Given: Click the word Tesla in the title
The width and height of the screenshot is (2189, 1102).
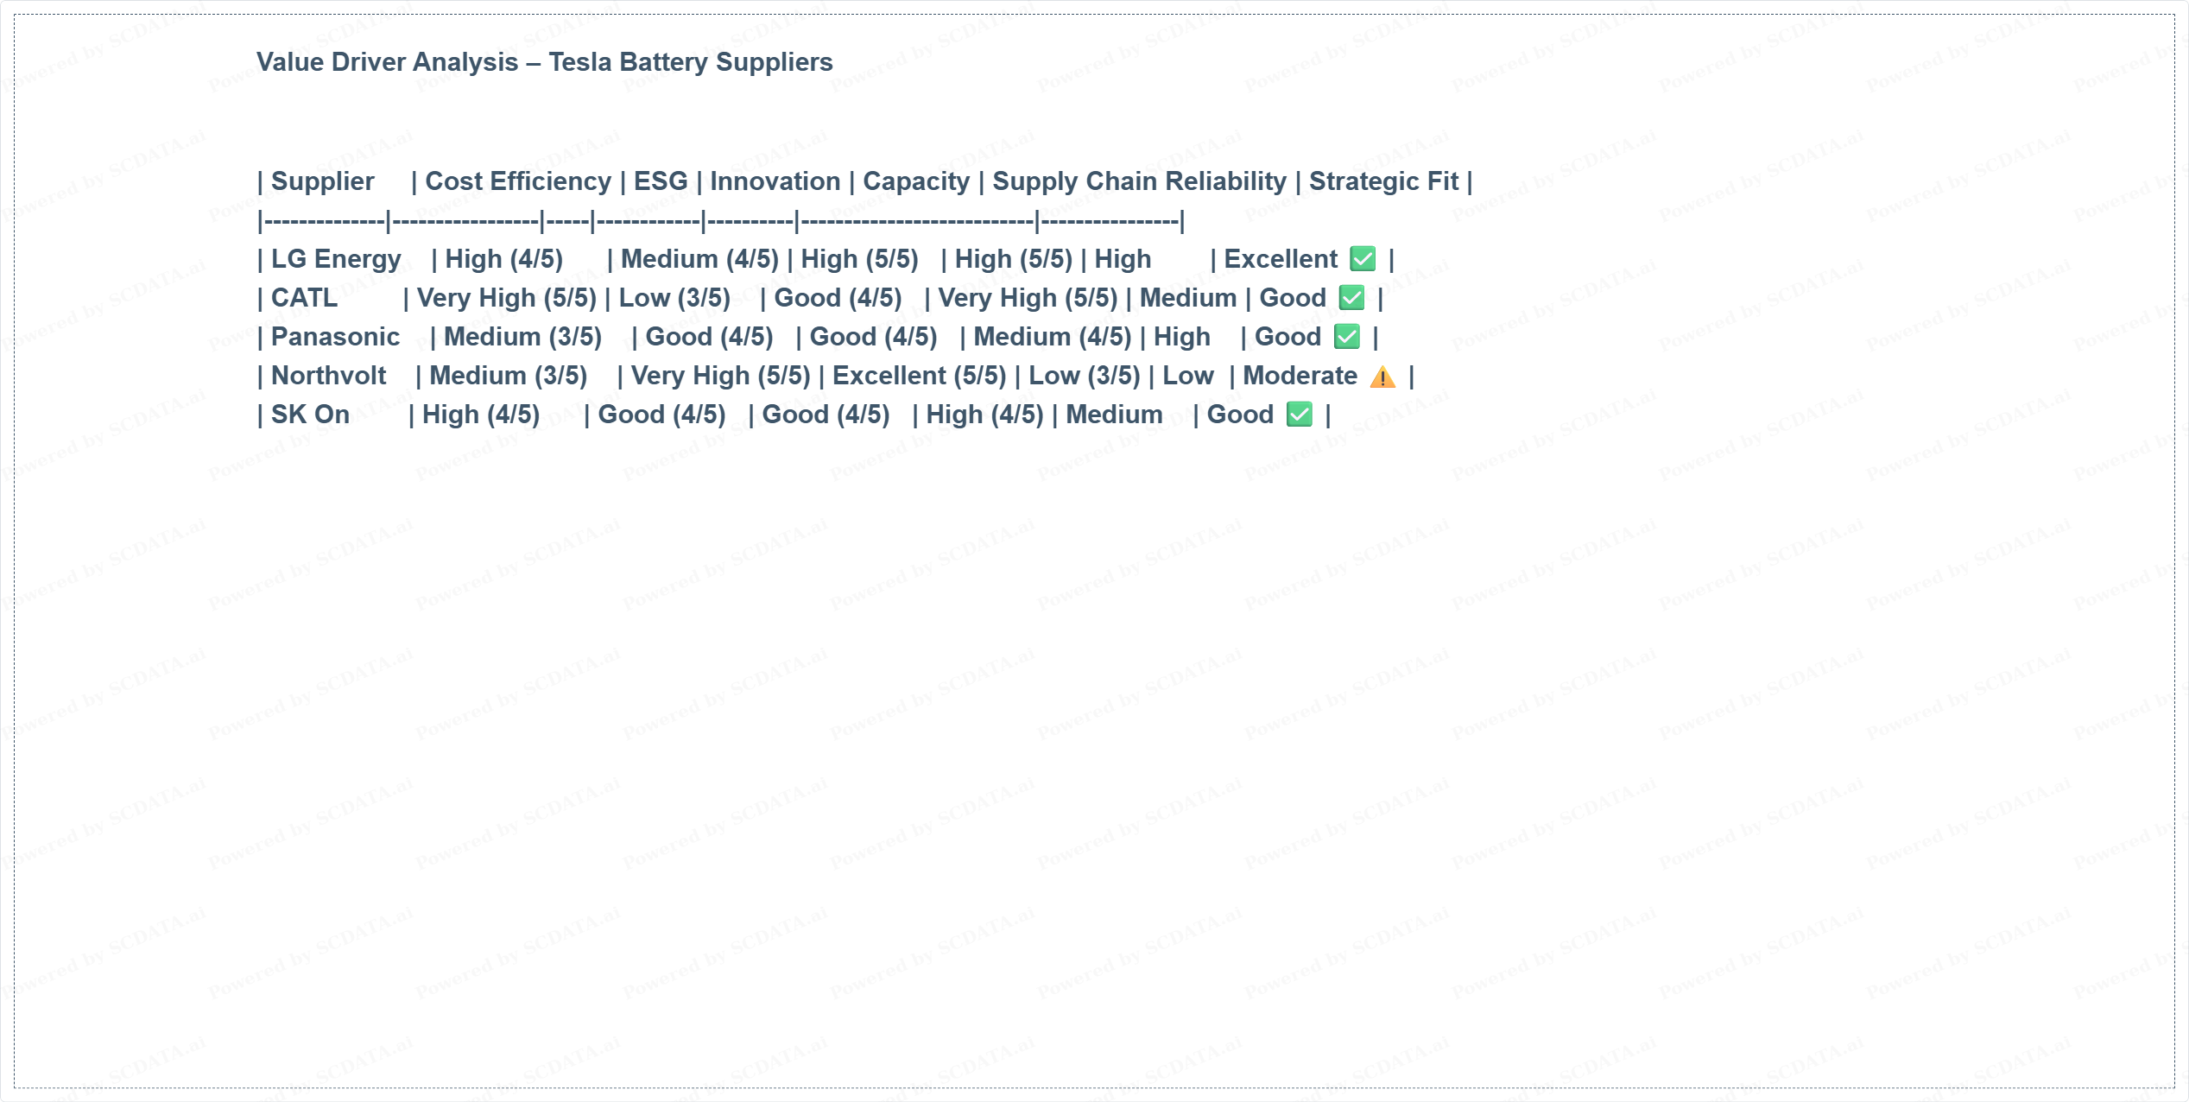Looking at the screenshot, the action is coord(580,62).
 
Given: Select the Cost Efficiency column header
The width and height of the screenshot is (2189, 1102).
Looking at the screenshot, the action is coord(518,181).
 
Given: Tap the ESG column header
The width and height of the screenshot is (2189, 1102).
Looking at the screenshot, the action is coord(661,181).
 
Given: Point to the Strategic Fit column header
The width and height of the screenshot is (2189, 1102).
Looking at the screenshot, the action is coord(1383,181).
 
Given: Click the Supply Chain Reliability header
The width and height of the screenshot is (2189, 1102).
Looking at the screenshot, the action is coord(1139,181).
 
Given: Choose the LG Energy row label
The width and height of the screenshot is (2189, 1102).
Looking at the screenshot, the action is coord(336,259).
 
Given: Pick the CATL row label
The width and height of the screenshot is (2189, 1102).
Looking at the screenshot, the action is coord(304,298).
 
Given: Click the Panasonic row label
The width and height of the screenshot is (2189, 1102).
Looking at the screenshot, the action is coord(335,337).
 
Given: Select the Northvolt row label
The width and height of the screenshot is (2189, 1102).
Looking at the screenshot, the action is coord(328,376).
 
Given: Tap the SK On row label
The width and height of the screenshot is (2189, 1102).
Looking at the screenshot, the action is coord(310,415).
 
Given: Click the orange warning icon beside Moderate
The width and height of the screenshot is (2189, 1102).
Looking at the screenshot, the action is coord(1382,377).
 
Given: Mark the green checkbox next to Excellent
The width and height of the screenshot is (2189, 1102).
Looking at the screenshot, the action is coord(1363,259).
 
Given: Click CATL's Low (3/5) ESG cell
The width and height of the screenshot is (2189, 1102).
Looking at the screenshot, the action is coord(674,298).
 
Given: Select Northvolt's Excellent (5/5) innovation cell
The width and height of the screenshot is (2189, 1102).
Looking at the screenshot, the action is coord(919,376).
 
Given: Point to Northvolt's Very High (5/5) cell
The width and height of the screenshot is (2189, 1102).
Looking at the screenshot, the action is coord(720,376).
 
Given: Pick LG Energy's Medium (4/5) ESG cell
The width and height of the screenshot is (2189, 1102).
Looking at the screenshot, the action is coord(699,259).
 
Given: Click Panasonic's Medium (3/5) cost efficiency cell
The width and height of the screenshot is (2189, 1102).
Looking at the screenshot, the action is coord(522,337).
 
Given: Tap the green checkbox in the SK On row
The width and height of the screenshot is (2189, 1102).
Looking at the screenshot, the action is coord(1299,415).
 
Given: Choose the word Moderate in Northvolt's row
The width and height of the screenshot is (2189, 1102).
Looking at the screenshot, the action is coord(1300,376).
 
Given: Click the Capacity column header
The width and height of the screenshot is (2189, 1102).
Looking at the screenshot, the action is coord(916,181).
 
